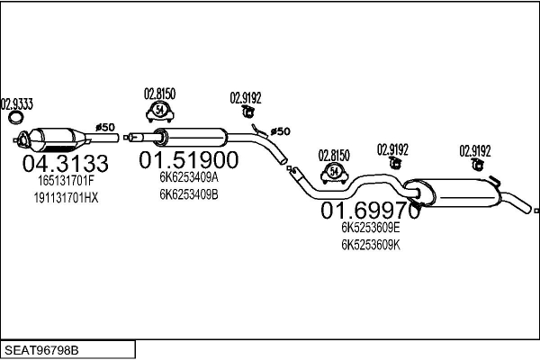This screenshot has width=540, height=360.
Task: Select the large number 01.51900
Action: tap(188, 160)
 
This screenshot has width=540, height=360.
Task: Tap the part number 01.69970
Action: tap(371, 211)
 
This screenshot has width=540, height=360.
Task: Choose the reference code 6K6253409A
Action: tap(189, 178)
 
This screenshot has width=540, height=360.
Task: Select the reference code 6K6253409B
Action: tap(189, 193)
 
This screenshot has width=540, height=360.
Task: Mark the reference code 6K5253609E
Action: tap(371, 228)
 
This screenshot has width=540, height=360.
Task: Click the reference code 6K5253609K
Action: tap(371, 243)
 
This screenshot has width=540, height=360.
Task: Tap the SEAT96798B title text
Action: tap(42, 347)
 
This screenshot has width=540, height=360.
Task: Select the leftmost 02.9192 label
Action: tap(245, 98)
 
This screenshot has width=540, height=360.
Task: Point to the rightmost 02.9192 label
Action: tap(475, 150)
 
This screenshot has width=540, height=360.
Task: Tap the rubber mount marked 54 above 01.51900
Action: tap(159, 112)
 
